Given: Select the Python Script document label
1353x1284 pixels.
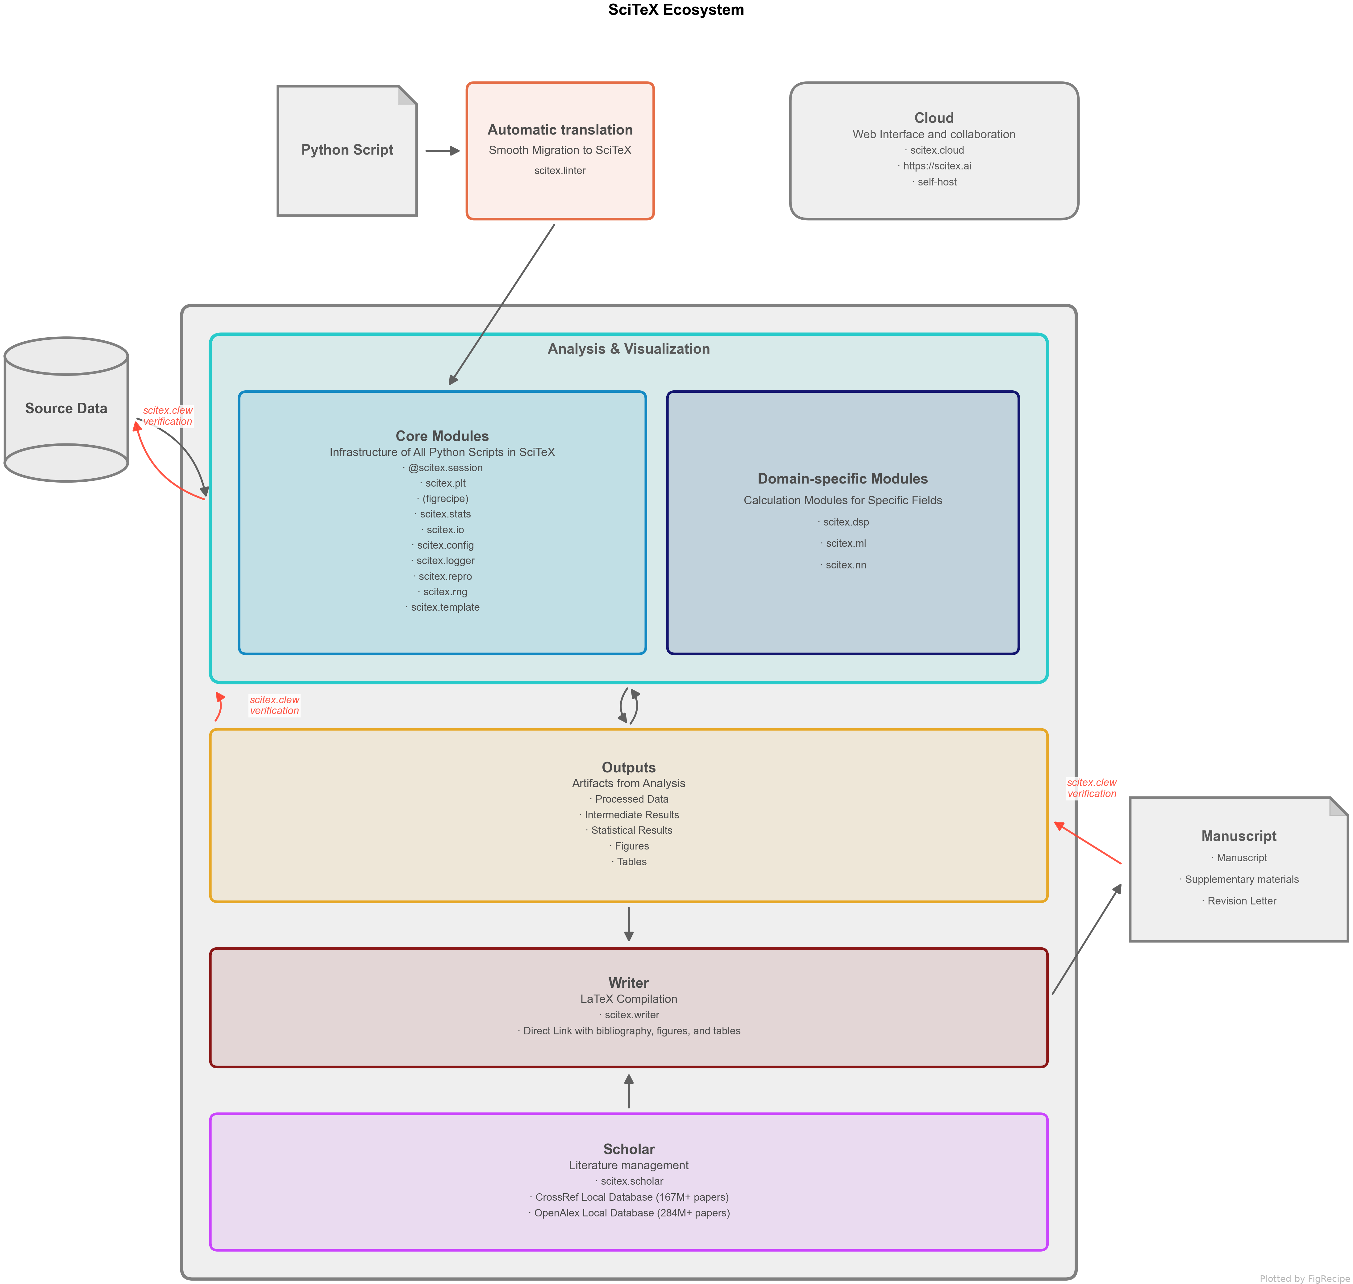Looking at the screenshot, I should point(347,150).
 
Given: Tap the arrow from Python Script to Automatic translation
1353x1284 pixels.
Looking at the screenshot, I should point(442,151).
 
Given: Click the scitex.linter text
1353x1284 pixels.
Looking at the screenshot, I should point(560,170).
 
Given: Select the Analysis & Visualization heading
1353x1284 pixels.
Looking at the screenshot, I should point(628,349).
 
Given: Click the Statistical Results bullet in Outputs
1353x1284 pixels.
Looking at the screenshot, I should point(631,830).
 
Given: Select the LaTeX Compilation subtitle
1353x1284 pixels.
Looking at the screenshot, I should point(628,999).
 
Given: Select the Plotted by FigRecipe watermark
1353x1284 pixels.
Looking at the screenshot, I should point(1305,1278).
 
